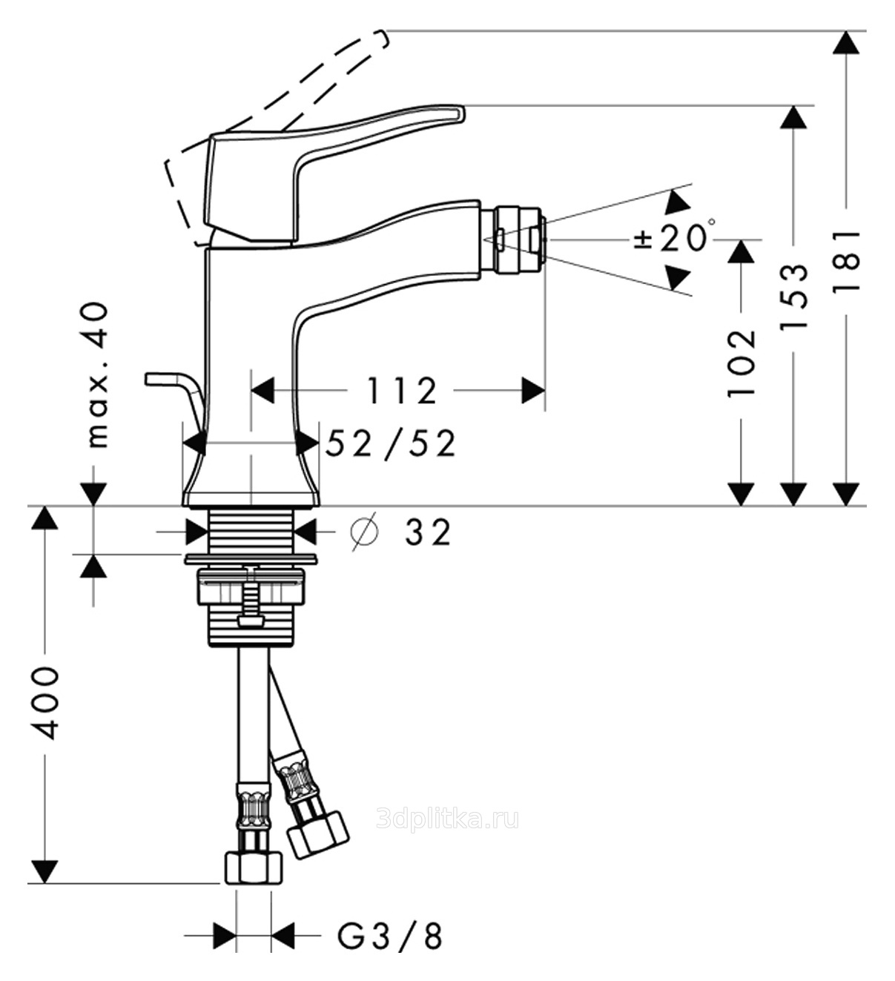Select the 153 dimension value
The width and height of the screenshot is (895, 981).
[793, 296]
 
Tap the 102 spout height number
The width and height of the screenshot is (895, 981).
[742, 363]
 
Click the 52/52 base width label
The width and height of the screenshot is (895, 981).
[391, 443]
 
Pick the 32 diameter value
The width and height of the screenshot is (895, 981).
[427, 532]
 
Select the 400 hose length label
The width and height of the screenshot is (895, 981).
[46, 702]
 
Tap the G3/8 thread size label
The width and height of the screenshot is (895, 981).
[390, 936]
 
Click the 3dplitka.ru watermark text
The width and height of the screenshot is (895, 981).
[447, 819]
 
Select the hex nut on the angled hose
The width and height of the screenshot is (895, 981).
[317, 833]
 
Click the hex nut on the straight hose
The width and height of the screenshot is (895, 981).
[254, 867]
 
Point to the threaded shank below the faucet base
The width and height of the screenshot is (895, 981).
[252, 529]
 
